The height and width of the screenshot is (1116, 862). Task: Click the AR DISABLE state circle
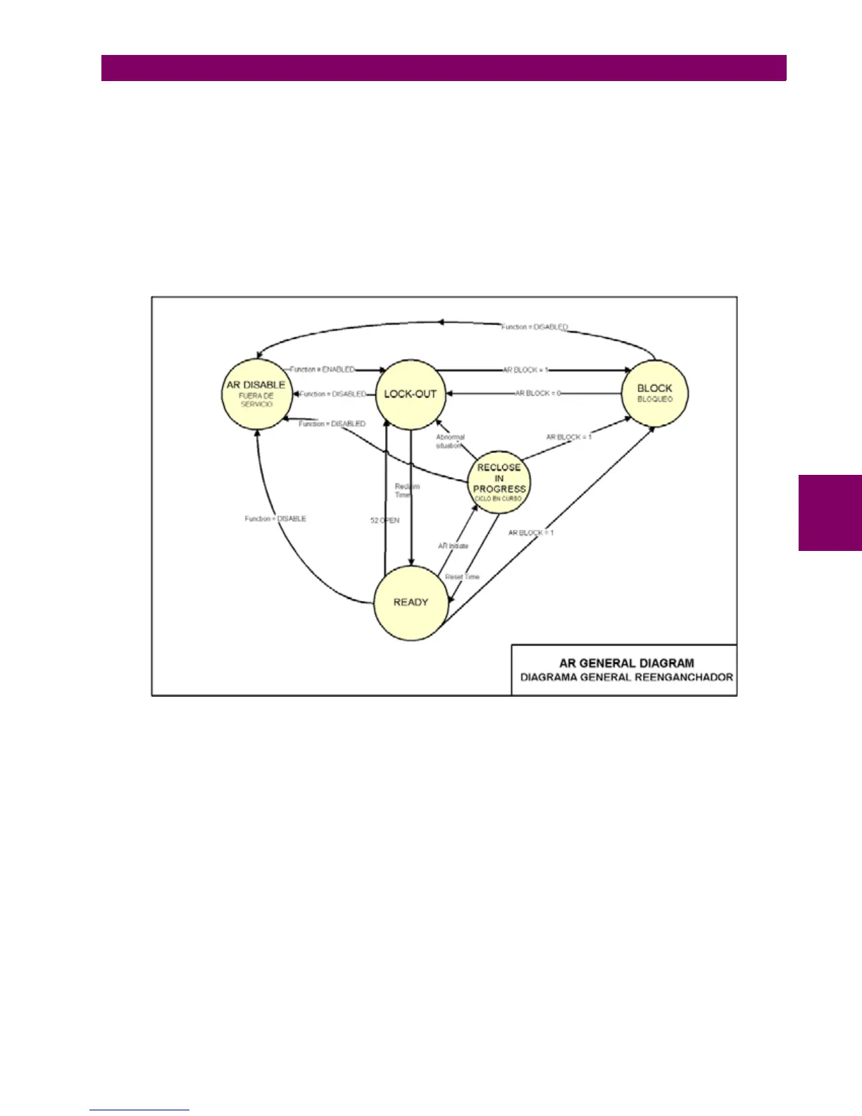[x=256, y=395]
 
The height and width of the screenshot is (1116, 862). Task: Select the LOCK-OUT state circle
[x=410, y=394]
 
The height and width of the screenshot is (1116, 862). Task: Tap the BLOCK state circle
[x=654, y=393]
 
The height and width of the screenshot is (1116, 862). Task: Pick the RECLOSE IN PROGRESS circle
[x=499, y=483]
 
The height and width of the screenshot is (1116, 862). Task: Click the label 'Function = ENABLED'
[x=323, y=369]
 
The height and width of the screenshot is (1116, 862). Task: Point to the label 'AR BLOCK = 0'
[x=538, y=393]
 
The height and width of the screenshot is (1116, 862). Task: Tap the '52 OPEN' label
[x=385, y=521]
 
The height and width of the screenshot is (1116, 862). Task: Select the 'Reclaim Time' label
[x=406, y=490]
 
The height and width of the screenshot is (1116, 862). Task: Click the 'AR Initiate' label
[x=453, y=546]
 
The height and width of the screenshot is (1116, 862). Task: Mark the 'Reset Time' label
[x=462, y=577]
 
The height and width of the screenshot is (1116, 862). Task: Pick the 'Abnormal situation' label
[x=449, y=442]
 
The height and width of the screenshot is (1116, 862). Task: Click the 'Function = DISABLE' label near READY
[x=275, y=519]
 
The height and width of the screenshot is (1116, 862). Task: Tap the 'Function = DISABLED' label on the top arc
[x=535, y=327]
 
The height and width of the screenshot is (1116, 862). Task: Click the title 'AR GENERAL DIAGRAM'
[x=626, y=663]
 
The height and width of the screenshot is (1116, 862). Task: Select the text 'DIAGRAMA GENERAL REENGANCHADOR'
[x=626, y=678]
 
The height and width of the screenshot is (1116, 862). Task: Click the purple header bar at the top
[x=444, y=68]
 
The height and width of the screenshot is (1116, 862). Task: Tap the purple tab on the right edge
[x=830, y=513]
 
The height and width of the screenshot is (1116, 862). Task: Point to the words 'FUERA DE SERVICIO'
[x=256, y=400]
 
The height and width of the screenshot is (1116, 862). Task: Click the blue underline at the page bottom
[x=139, y=1110]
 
